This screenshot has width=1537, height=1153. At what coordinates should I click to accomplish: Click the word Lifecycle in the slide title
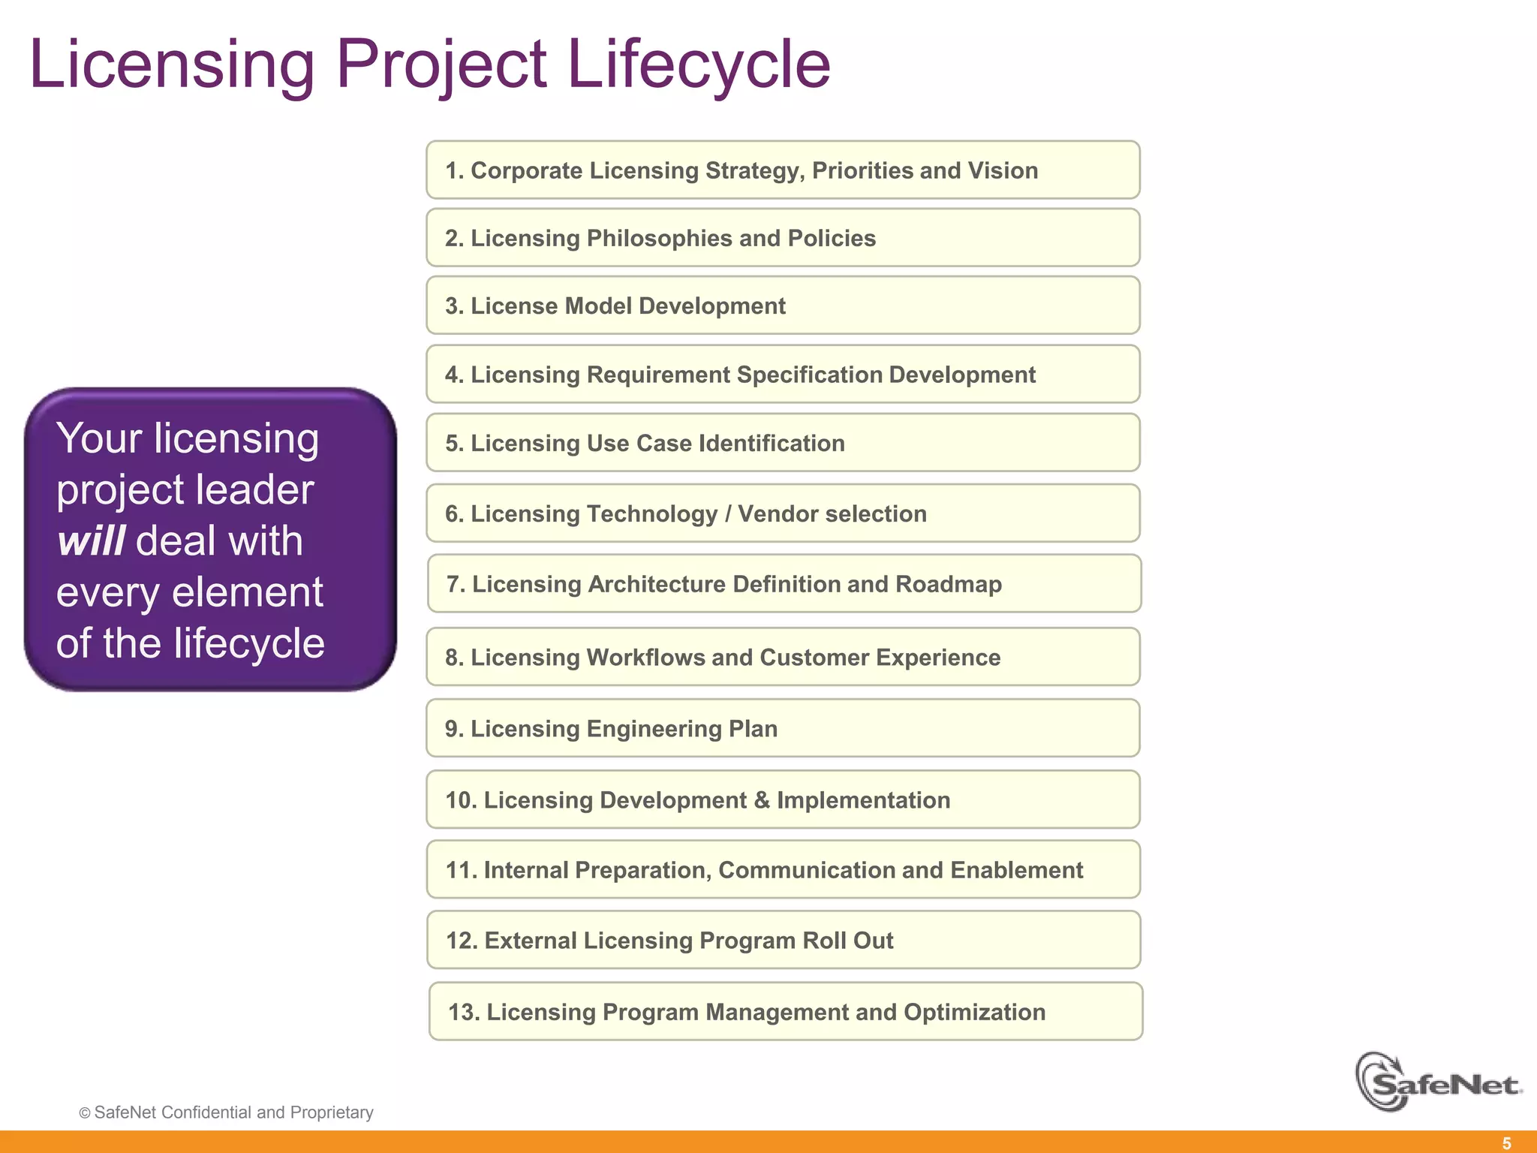(698, 66)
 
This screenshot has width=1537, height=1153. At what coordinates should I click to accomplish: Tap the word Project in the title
(441, 66)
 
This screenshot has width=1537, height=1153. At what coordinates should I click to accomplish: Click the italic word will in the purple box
(91, 540)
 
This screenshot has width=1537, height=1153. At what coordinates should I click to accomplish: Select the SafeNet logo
(1437, 1082)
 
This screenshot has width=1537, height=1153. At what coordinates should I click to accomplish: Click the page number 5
(1506, 1143)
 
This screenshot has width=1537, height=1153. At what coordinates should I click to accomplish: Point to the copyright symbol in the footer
(85, 1113)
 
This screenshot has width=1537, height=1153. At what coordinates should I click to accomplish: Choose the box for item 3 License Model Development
(783, 306)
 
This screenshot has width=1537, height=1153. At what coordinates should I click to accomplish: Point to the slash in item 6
(727, 513)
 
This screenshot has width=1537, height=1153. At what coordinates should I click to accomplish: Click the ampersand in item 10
(762, 800)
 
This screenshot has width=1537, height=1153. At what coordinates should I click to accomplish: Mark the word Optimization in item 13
(974, 1012)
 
